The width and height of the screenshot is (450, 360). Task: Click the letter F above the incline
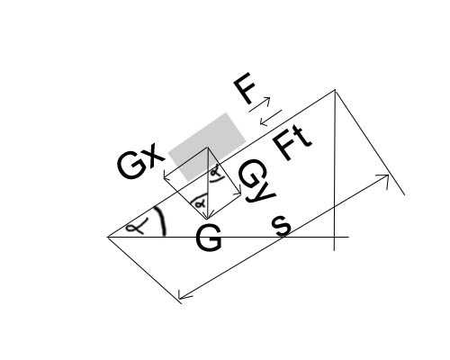point(245,88)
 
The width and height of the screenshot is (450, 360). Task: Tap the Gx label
point(141,164)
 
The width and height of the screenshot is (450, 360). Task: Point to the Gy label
point(256,183)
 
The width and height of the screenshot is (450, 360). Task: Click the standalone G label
point(209,238)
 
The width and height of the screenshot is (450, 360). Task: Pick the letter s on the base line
point(282,227)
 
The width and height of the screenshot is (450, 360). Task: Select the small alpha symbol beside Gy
point(216,172)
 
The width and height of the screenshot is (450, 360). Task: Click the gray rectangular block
point(207,147)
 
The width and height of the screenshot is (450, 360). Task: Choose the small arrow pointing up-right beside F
point(260,104)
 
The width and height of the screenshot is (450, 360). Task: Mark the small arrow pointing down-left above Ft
point(271,118)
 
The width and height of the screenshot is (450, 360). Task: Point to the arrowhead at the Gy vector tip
point(240,193)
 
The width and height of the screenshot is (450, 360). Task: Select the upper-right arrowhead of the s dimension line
point(388,175)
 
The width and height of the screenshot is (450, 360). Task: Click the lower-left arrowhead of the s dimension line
point(179,298)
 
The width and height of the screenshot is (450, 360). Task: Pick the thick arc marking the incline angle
point(160,221)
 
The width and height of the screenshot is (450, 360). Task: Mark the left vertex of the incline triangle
point(108,237)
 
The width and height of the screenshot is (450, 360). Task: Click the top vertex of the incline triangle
point(335,90)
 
